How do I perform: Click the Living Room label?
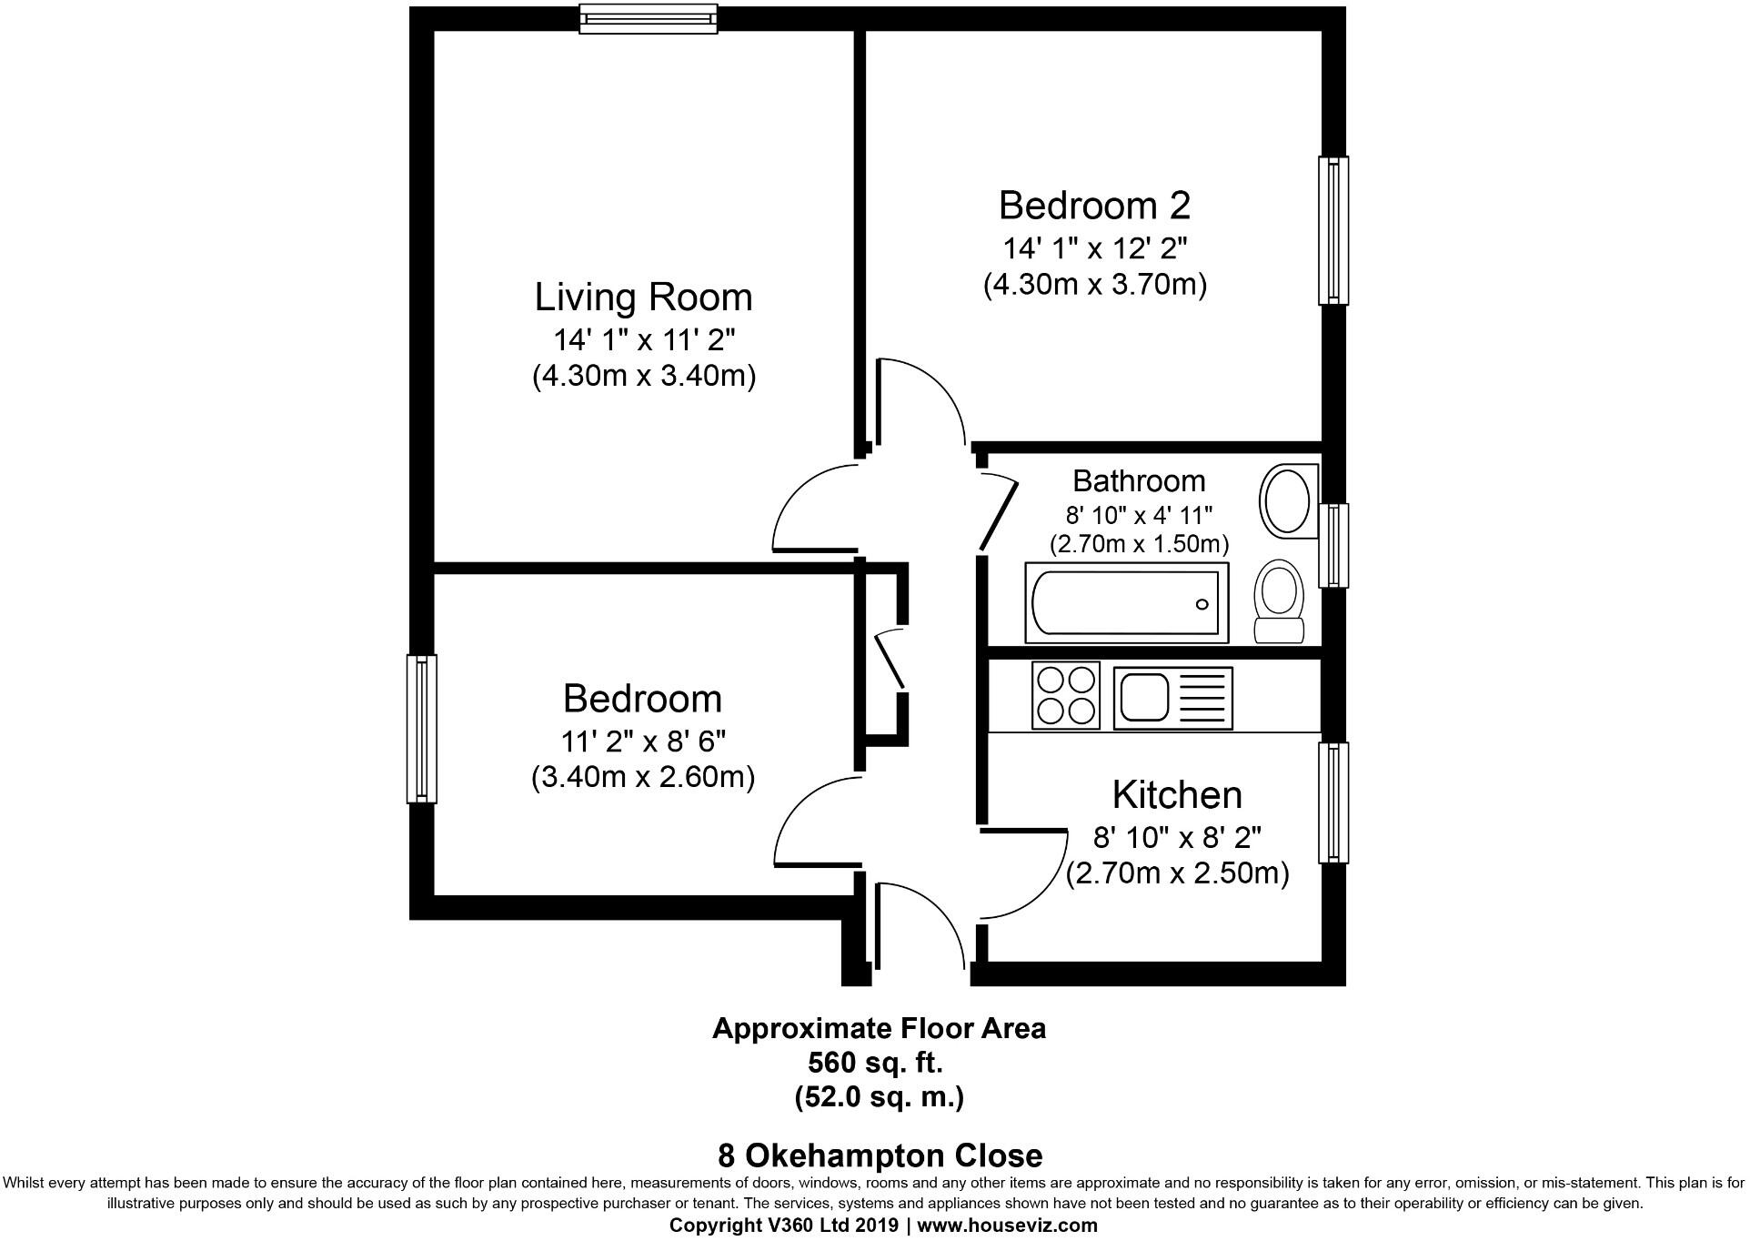(x=643, y=298)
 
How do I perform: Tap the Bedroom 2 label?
(x=1094, y=205)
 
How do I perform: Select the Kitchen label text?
(x=1177, y=794)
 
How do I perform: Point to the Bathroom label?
(x=1139, y=480)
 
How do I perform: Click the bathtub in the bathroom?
(x=1126, y=602)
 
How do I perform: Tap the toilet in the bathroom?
(x=1279, y=601)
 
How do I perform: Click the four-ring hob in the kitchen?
(x=1066, y=695)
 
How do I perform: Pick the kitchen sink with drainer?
(x=1173, y=699)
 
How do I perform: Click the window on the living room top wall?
(x=649, y=18)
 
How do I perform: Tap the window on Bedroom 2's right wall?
(x=1333, y=230)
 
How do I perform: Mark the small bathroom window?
(x=1333, y=546)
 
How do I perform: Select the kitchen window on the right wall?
(x=1333, y=802)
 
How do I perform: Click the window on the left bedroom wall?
(x=421, y=729)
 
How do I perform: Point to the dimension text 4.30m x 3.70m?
(x=1095, y=285)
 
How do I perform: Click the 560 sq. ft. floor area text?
(x=876, y=1062)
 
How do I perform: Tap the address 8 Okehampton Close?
(x=880, y=1156)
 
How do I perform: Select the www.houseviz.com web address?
(x=1007, y=1226)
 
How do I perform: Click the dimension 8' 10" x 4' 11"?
(x=1140, y=516)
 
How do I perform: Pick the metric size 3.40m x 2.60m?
(x=643, y=778)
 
